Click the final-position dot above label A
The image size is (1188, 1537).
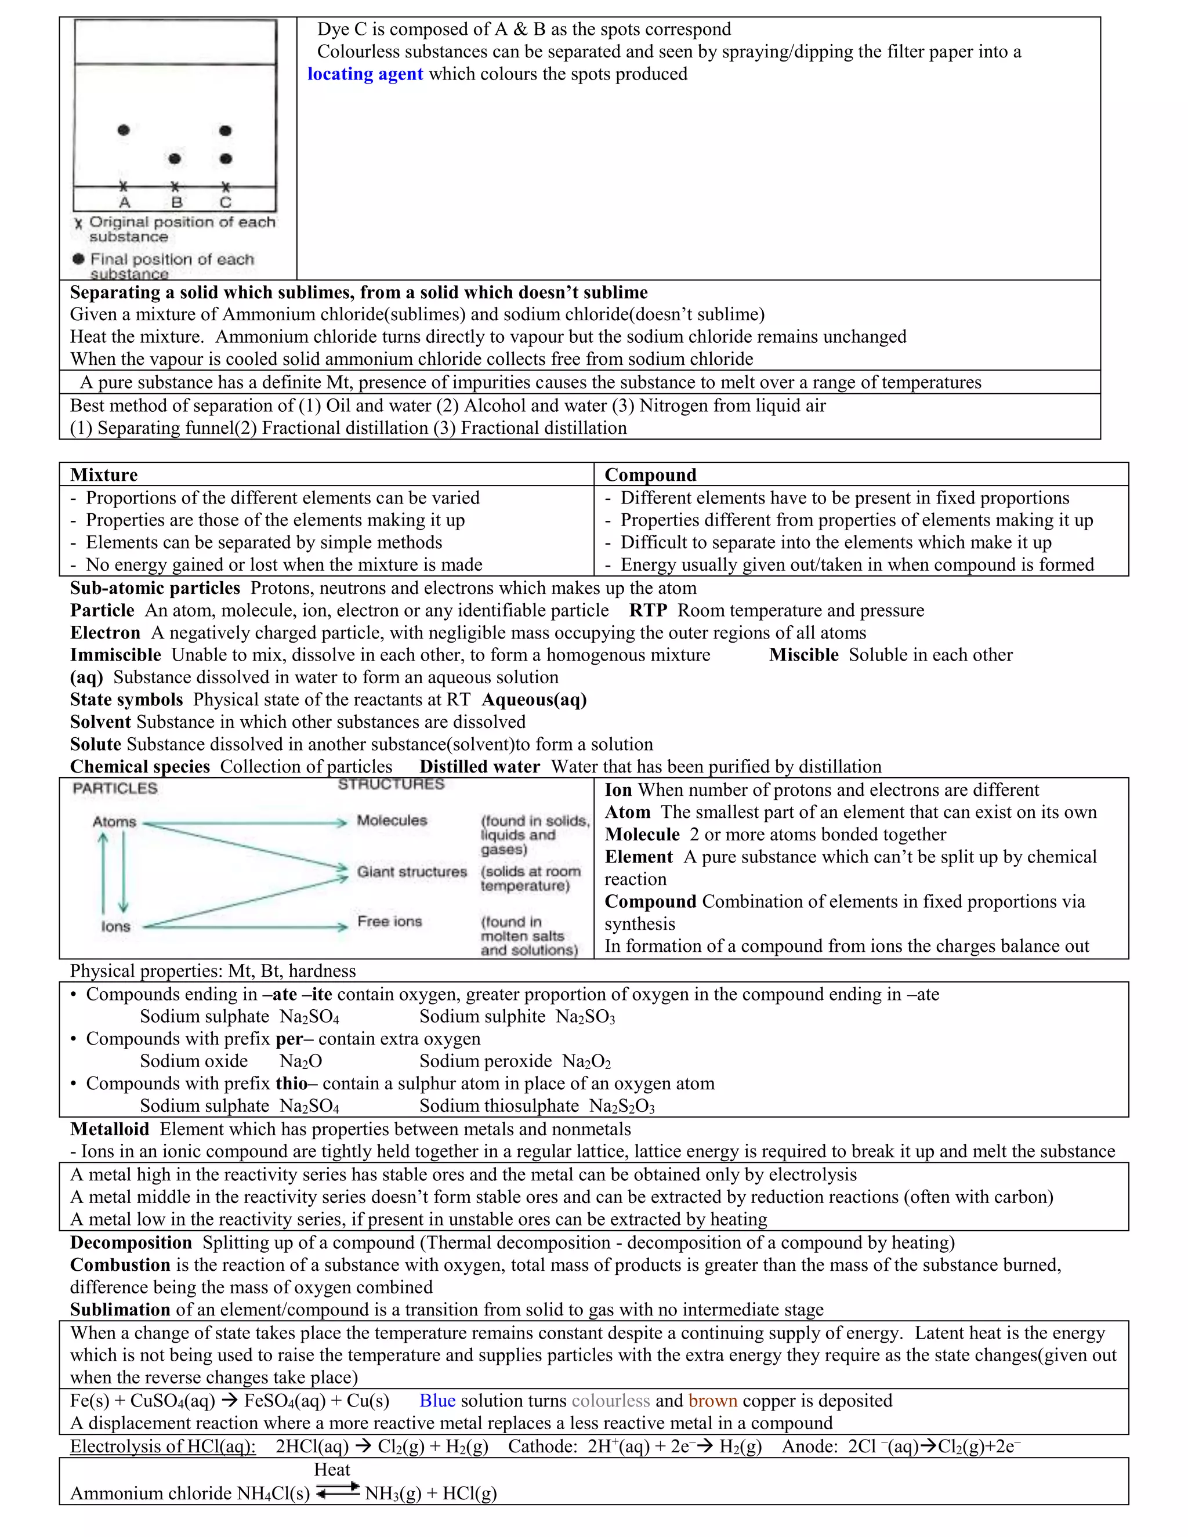click(124, 129)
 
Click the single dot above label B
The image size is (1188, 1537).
click(175, 159)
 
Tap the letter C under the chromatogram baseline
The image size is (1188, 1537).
click(225, 202)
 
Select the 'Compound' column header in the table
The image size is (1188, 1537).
click(650, 474)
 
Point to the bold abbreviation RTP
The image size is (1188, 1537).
click(648, 610)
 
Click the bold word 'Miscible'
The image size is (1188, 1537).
click(803, 655)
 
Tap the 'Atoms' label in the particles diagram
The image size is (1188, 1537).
click(114, 822)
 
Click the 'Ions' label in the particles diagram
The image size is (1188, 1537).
click(115, 926)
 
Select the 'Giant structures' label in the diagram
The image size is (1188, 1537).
click(412, 872)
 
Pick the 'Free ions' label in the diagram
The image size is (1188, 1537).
click(389, 921)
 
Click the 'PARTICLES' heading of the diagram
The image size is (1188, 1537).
click(115, 788)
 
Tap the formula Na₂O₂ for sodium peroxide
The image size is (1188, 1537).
click(586, 1061)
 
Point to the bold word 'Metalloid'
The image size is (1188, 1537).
click(109, 1129)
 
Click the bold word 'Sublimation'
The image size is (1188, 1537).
click(119, 1310)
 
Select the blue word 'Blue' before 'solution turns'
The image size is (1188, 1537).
click(437, 1401)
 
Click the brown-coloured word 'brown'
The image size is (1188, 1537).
click(712, 1401)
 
